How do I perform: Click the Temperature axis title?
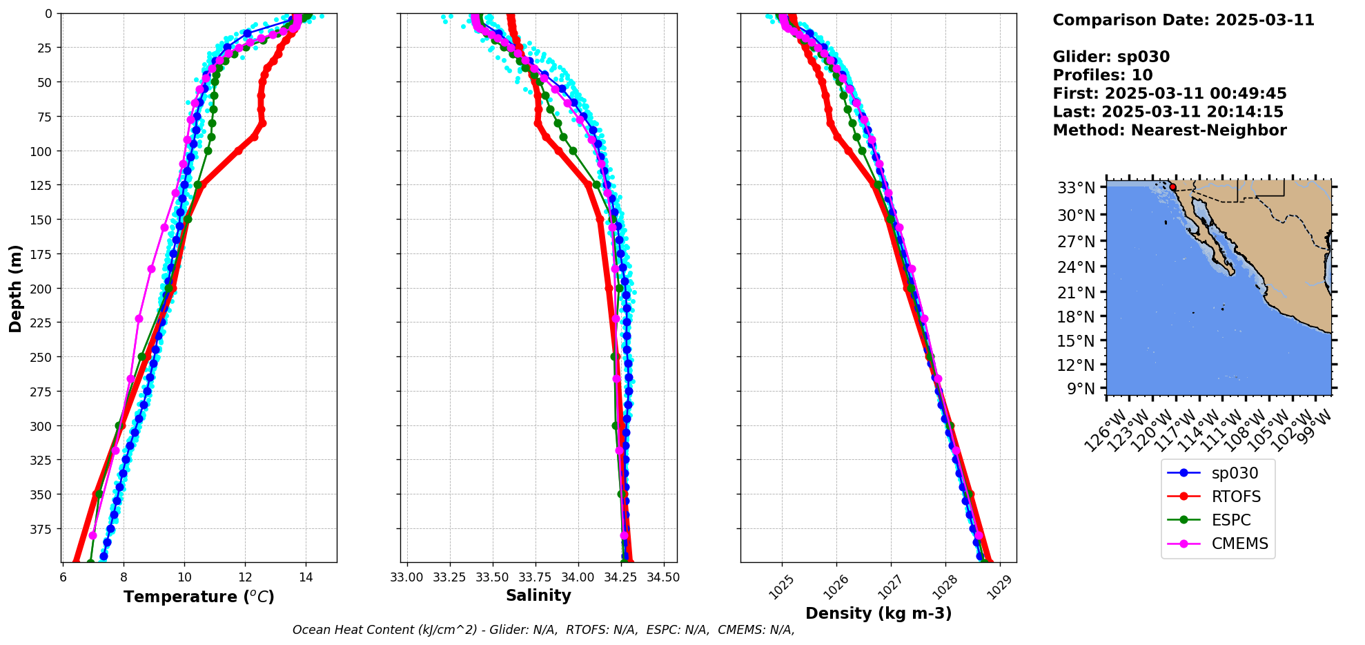click(x=199, y=597)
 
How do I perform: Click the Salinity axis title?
click(x=538, y=595)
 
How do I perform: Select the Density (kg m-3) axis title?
click(x=878, y=613)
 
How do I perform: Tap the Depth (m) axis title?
click(x=16, y=288)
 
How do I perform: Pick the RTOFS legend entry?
click(x=1236, y=497)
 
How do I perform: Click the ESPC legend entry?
click(x=1231, y=520)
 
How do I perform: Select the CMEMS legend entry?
click(x=1239, y=543)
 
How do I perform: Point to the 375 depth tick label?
click(x=39, y=529)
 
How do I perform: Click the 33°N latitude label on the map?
click(x=1076, y=188)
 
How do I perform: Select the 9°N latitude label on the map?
click(x=1081, y=389)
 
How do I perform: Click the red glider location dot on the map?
click(x=1172, y=187)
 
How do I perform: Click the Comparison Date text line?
click(x=1183, y=20)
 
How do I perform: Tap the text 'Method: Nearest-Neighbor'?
click(x=1169, y=131)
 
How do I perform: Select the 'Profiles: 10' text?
click(x=1102, y=75)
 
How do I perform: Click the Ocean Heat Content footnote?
click(x=543, y=630)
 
